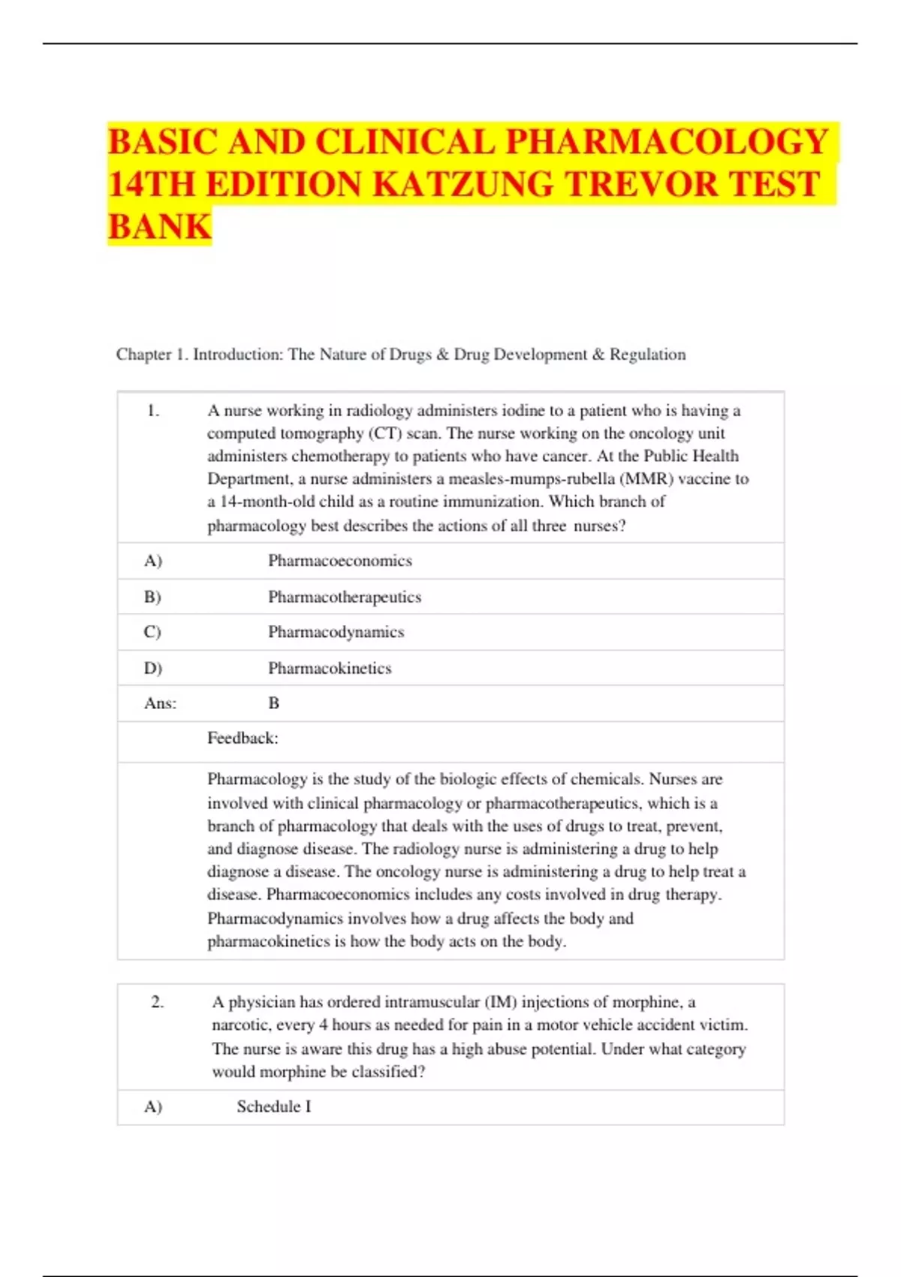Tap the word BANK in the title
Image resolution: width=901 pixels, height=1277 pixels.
pos(159,227)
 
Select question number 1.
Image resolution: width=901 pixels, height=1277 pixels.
pos(153,411)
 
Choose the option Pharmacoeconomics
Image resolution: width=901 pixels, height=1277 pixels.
pos(339,561)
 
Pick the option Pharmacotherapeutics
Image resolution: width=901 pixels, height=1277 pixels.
pos(345,597)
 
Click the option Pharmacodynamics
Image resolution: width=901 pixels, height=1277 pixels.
pos(336,632)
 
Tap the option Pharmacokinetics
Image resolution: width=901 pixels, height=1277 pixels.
pos(330,669)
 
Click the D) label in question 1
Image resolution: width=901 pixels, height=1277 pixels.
pos(152,669)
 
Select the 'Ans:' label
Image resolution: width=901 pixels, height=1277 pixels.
pos(160,704)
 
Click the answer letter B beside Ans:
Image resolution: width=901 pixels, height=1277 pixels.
pos(273,704)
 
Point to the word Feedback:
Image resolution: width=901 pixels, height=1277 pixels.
pos(243,738)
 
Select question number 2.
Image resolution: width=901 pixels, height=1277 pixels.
pos(157,1002)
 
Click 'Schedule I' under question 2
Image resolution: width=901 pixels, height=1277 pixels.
pos(273,1107)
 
